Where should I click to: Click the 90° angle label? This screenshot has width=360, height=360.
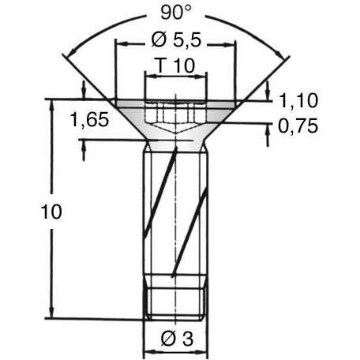175,13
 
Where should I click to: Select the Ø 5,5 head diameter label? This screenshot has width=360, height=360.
176,40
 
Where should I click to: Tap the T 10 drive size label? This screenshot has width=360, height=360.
176,66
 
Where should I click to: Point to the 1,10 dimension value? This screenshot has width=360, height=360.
298,101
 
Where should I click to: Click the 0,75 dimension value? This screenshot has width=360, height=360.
298,126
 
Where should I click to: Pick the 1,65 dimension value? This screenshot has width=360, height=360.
89,120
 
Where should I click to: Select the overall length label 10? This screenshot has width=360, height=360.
51,212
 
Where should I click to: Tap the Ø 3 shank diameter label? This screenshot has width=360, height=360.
177,339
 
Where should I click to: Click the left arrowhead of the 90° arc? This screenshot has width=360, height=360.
70,54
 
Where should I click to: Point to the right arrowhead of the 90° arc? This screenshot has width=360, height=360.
282,54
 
